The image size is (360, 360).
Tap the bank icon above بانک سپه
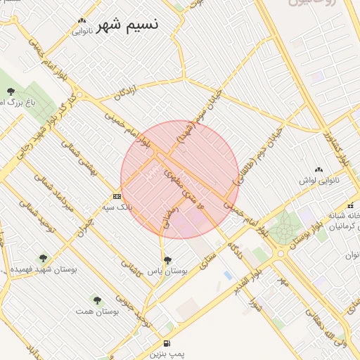[117, 196]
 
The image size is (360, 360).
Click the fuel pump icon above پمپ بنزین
[167, 344]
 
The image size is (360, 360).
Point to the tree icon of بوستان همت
[97, 300]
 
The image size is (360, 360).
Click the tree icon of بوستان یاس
[167, 260]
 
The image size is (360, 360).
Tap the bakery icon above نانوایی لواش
[319, 169]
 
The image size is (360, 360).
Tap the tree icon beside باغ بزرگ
[11, 91]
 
